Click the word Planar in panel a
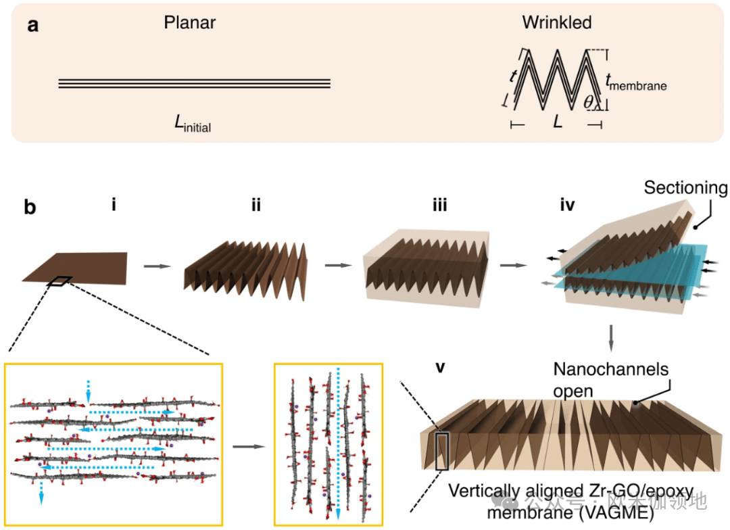(x=189, y=23)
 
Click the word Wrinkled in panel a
(x=556, y=23)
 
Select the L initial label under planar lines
(x=193, y=123)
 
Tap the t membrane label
(x=635, y=83)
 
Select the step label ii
(x=255, y=203)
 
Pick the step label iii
(x=439, y=203)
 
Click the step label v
(x=440, y=368)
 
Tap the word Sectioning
(x=685, y=188)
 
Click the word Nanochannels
(x=610, y=370)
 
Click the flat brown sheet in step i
(x=81, y=267)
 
